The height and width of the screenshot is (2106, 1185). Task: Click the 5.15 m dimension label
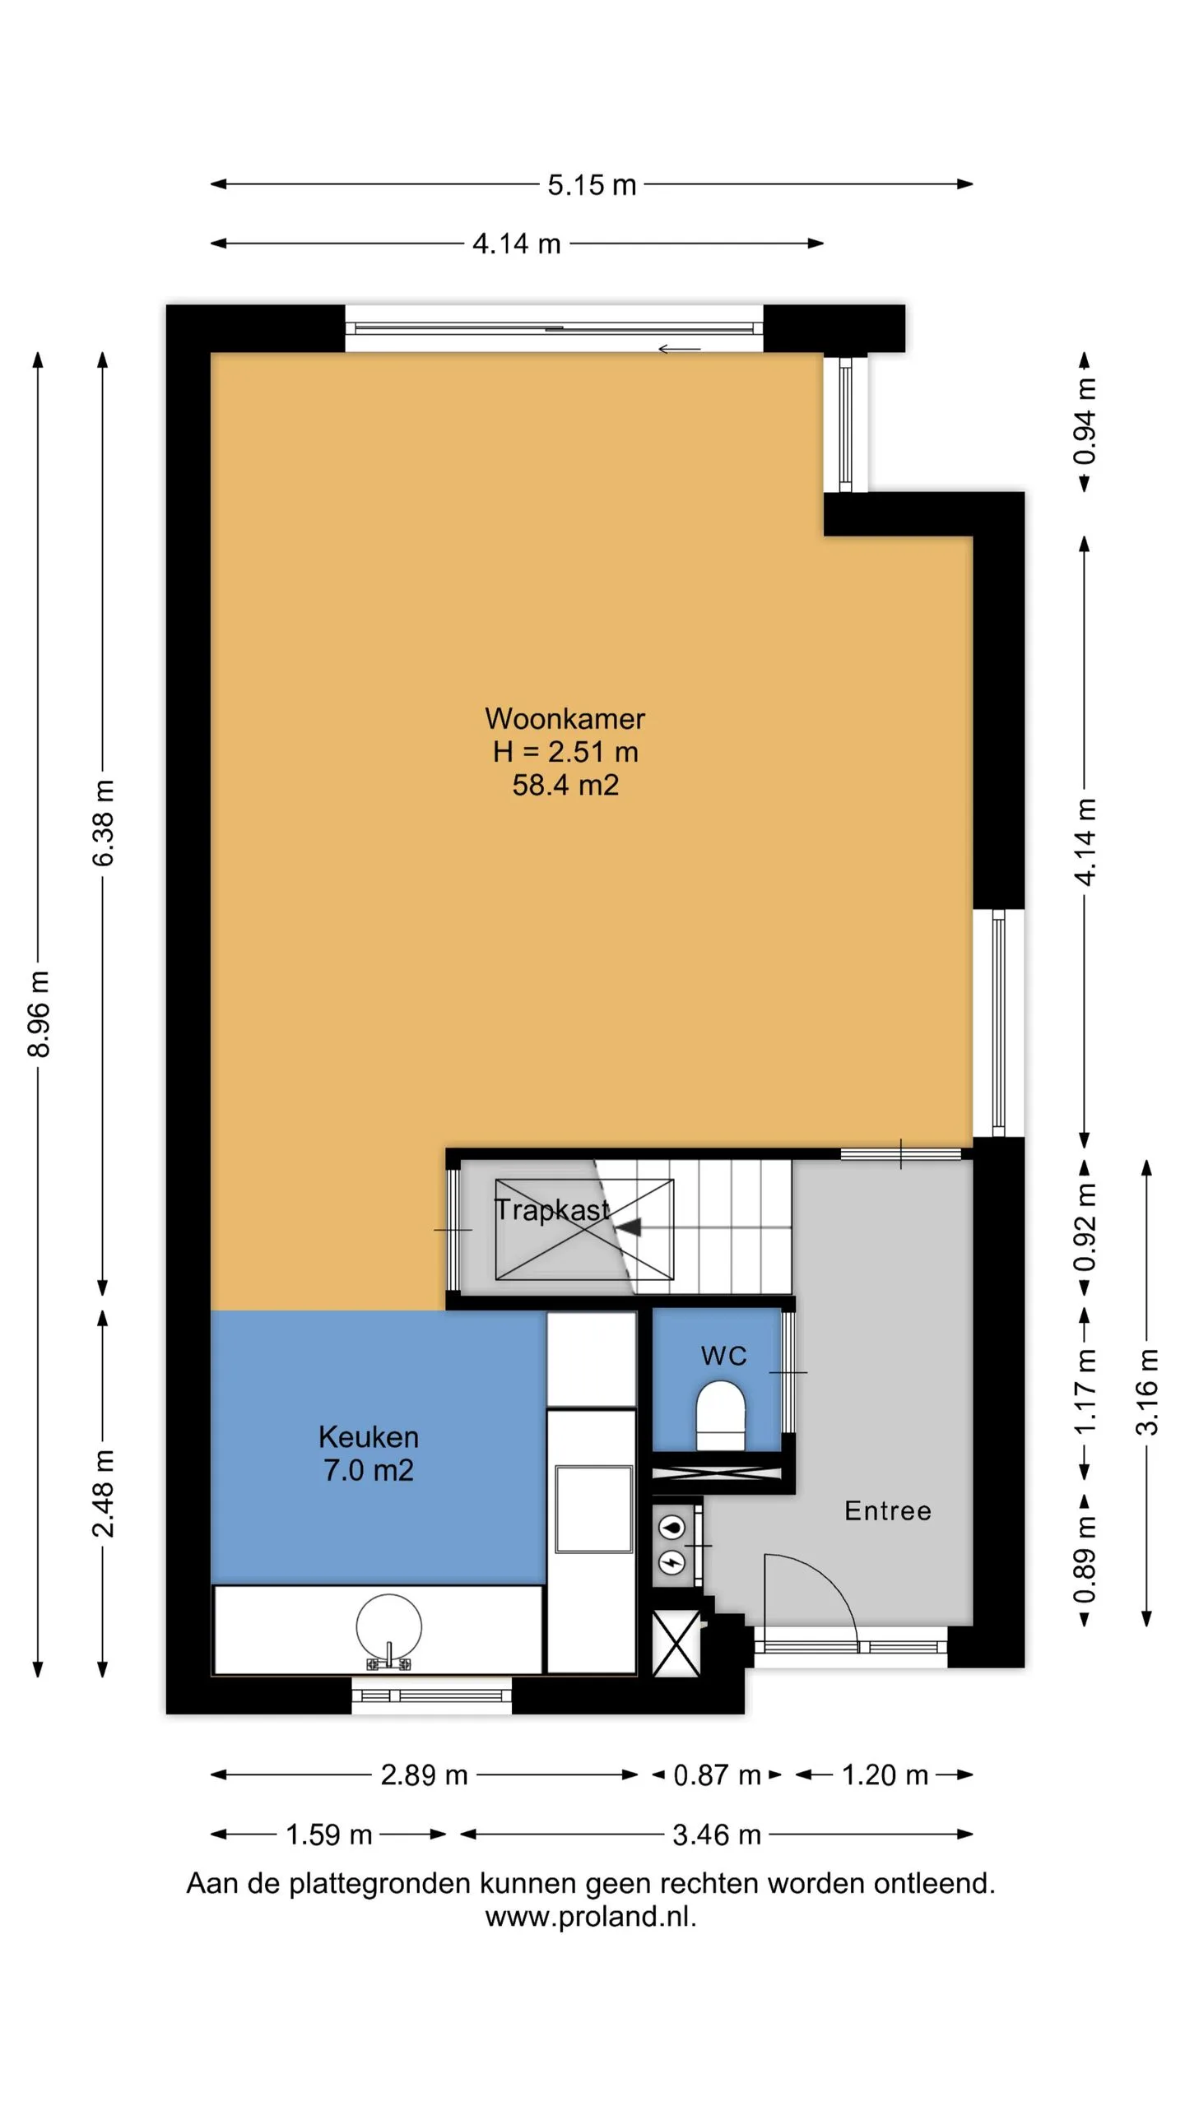pyautogui.click(x=592, y=185)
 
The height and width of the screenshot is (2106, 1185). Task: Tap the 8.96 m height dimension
pyautogui.click(x=39, y=1014)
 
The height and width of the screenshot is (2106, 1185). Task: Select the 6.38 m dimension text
pyautogui.click(x=104, y=823)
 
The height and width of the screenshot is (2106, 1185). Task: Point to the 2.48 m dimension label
pyautogui.click(x=104, y=1493)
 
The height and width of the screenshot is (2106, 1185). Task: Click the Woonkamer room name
pyautogui.click(x=565, y=719)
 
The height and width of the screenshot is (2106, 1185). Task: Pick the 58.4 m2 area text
pyautogui.click(x=565, y=785)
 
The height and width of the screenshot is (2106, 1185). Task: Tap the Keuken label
pyautogui.click(x=369, y=1436)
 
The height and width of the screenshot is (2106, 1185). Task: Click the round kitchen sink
pyautogui.click(x=388, y=1627)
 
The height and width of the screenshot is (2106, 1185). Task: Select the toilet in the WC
pyautogui.click(x=721, y=1415)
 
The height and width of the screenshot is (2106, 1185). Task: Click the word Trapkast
pyautogui.click(x=551, y=1210)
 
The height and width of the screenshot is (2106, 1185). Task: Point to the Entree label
pyautogui.click(x=888, y=1510)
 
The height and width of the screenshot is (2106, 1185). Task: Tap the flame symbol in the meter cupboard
pyautogui.click(x=673, y=1527)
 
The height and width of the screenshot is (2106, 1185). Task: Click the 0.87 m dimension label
pyautogui.click(x=717, y=1774)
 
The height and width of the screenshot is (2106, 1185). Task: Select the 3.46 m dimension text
pyautogui.click(x=717, y=1834)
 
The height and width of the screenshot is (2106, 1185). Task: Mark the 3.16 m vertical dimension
pyautogui.click(x=1147, y=1393)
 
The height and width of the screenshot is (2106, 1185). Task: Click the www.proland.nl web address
pyautogui.click(x=591, y=1917)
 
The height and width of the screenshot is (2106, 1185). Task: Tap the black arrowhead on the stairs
pyautogui.click(x=629, y=1227)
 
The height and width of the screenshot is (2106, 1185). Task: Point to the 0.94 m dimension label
pyautogui.click(x=1085, y=420)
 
